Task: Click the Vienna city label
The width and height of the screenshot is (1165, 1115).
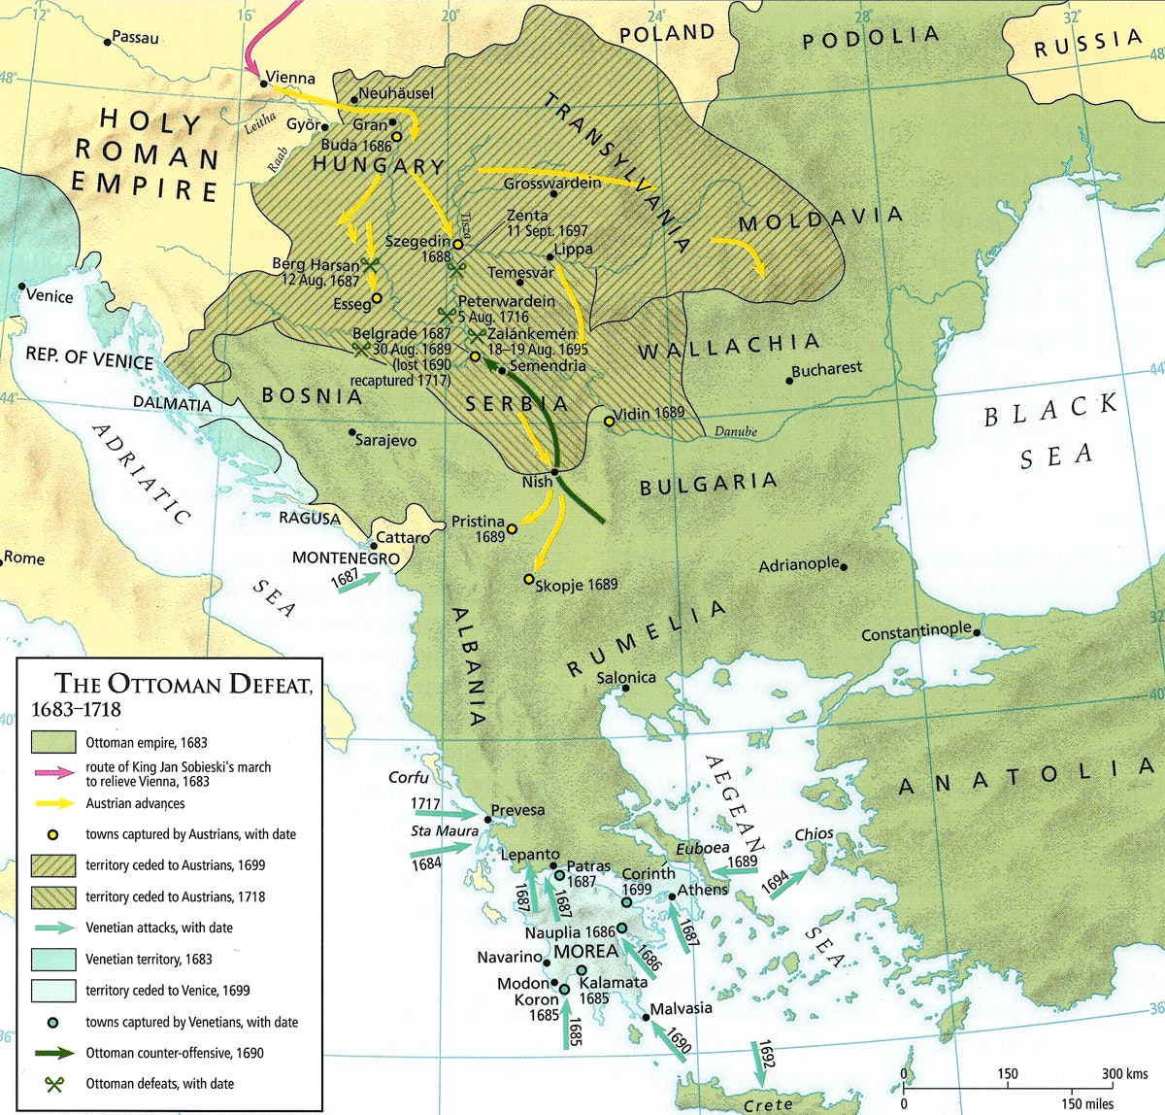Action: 291,78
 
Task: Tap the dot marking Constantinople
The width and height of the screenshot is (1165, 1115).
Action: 979,632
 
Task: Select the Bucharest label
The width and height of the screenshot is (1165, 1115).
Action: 826,369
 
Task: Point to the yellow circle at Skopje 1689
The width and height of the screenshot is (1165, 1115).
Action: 529,580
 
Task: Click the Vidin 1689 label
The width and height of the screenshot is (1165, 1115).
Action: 649,413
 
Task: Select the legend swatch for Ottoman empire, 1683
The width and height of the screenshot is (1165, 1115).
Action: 53,742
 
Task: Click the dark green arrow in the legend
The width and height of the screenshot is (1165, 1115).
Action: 53,1053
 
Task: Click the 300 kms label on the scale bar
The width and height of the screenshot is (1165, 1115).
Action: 1125,1073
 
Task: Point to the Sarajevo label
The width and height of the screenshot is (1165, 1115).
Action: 385,441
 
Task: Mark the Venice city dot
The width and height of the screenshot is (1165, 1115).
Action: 21,287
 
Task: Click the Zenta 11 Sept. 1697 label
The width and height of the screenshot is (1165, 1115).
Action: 547,223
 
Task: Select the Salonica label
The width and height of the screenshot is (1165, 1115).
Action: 626,677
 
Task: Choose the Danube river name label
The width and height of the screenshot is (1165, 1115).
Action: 735,432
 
